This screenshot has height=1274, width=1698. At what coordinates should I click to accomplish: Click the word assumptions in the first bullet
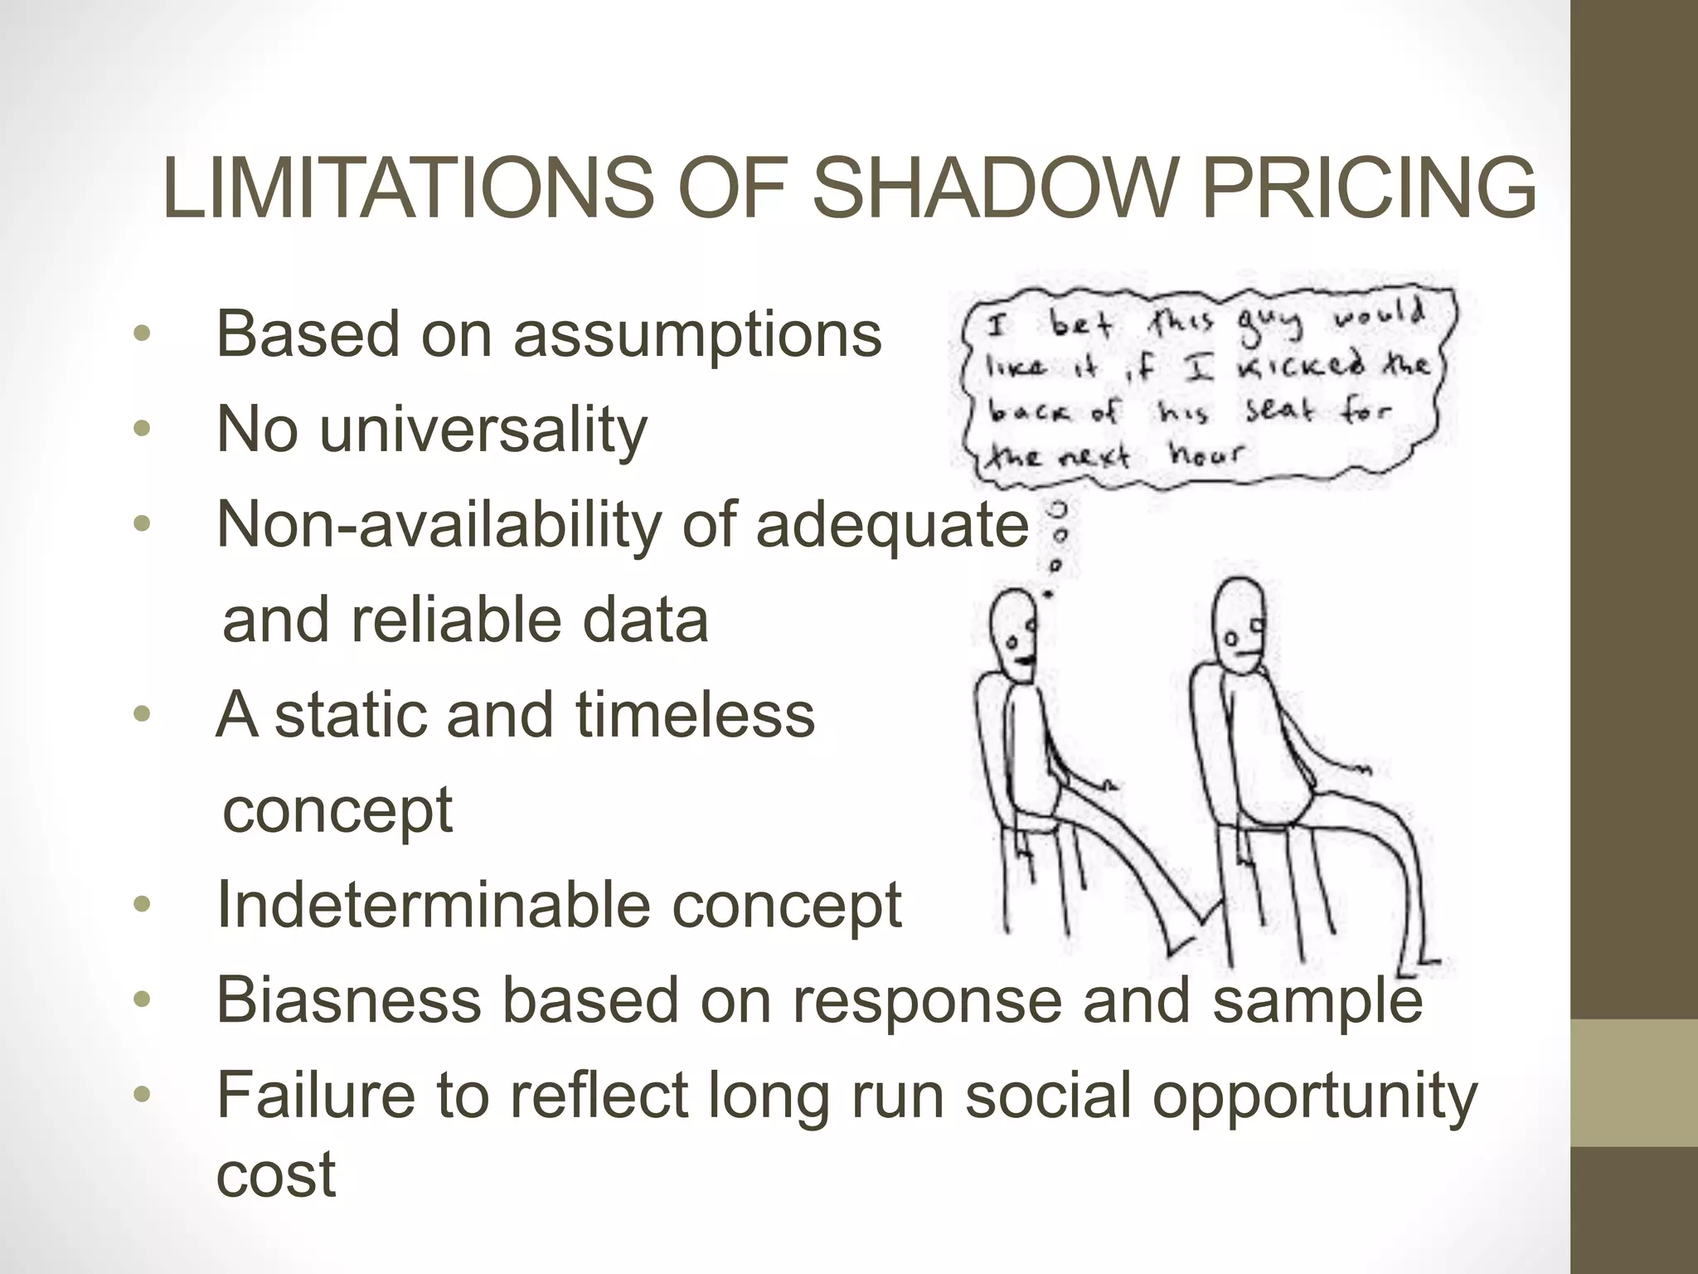pyautogui.click(x=697, y=334)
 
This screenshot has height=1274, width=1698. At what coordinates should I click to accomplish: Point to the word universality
pyautogui.click(x=483, y=430)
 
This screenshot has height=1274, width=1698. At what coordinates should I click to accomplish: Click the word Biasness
pyautogui.click(x=348, y=999)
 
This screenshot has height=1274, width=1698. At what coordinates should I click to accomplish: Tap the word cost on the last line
pyautogui.click(x=275, y=1174)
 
